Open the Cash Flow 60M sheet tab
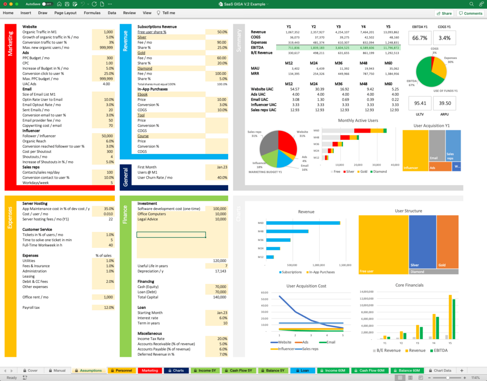(x=370, y=370)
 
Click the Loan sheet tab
(x=302, y=370)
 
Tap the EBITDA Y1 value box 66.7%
(x=420, y=38)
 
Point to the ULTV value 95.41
(x=420, y=103)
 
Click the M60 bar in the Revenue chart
(x=304, y=223)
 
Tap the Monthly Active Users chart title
(x=358, y=121)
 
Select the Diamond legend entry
(x=379, y=171)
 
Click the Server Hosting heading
(x=34, y=203)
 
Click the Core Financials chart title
(x=409, y=285)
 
